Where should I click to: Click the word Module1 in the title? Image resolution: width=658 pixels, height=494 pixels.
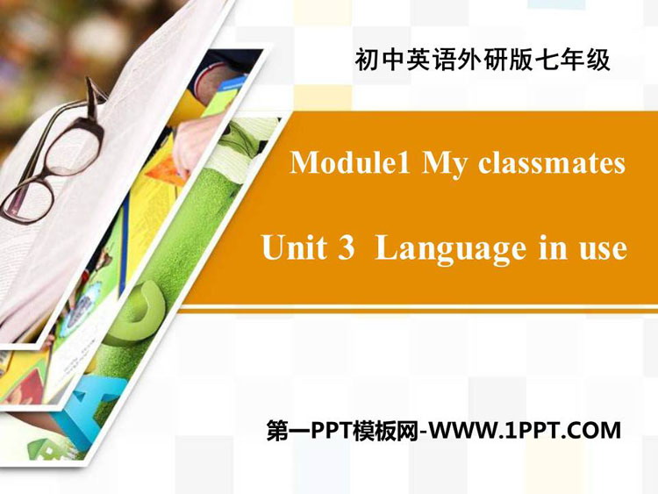(x=349, y=162)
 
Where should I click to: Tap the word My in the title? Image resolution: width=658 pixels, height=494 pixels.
(x=444, y=165)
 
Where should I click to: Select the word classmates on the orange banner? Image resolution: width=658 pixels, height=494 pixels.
(x=552, y=162)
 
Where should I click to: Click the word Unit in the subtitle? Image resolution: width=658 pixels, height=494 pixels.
(x=294, y=247)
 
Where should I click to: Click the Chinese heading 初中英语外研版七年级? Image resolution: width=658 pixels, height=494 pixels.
(x=483, y=60)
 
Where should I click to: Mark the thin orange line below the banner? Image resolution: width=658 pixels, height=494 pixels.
(x=417, y=311)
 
